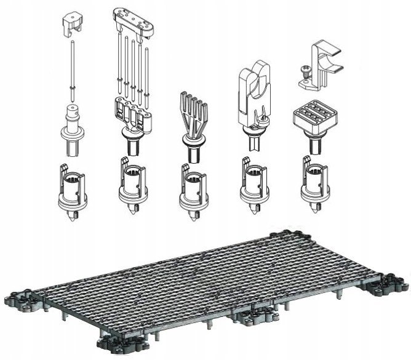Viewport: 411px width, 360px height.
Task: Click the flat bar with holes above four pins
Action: click(132, 22)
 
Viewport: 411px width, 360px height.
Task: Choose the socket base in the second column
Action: click(132, 188)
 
